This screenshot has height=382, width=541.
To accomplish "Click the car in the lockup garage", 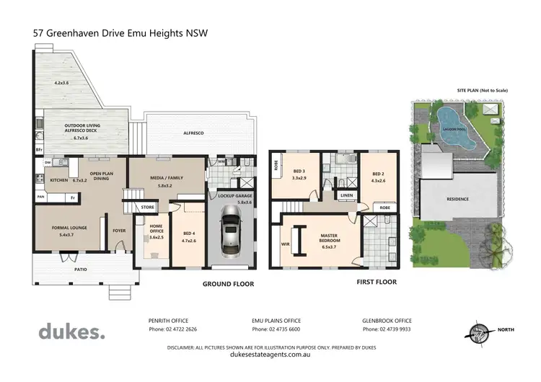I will coord(231,233).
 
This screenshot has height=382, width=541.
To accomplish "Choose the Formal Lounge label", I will coord(70,231).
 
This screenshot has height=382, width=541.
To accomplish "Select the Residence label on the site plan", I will coord(457,199).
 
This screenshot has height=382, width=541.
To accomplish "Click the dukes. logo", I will coord(71,332).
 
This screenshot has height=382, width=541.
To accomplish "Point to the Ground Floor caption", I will coord(228,284).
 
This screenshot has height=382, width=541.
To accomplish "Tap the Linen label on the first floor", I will coord(347,195).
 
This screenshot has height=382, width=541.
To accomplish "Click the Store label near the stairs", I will coord(148,208).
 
